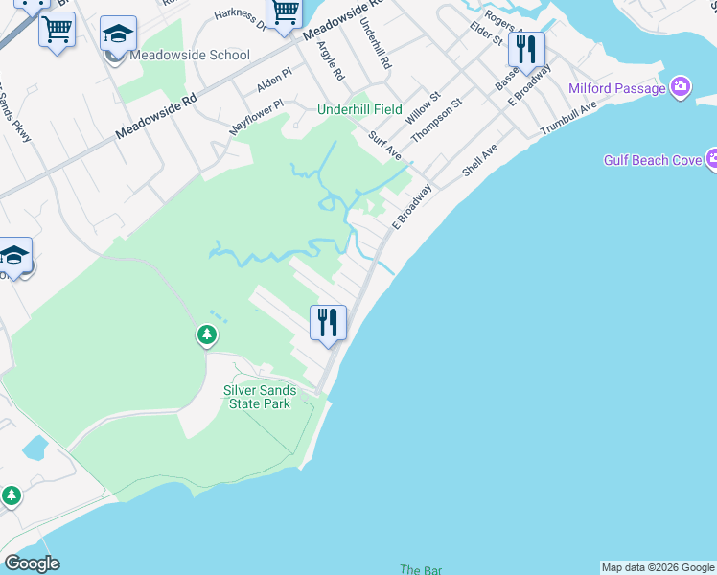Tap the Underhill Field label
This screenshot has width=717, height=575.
pos(359,110)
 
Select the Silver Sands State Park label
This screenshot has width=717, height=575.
pos(260,397)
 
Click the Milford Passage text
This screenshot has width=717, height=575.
pos(617,89)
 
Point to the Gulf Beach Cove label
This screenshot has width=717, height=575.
pos(653,160)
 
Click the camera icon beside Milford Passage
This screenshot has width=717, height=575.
pos(681,88)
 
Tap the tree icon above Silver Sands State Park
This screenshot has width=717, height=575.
pos(206,335)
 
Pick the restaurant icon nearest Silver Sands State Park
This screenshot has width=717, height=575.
pos(328,322)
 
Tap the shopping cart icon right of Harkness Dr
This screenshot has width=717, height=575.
pos(285,12)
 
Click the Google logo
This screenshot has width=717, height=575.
pos(32,563)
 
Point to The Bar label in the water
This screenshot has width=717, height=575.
pos(421,569)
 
